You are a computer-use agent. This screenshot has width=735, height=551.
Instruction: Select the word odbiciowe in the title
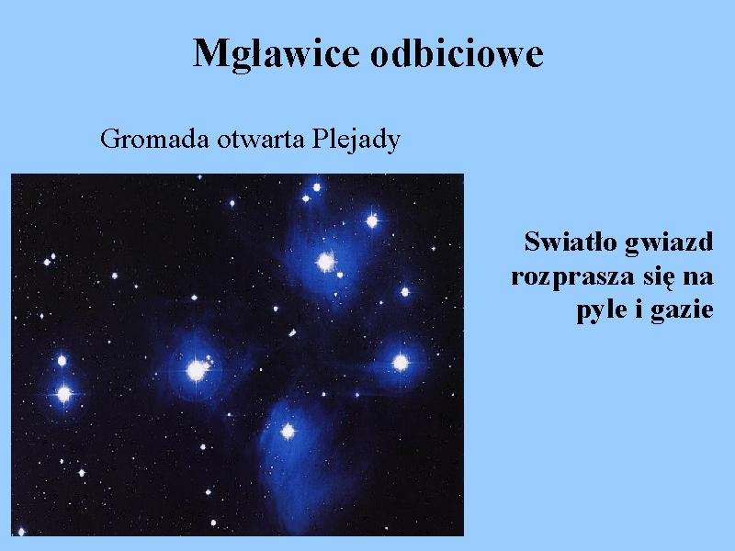point(457,53)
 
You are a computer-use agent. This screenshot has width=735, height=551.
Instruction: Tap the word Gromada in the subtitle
point(154,140)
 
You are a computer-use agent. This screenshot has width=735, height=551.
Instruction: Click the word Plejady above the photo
point(356,141)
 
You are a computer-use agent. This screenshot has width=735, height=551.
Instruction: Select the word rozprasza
point(572,277)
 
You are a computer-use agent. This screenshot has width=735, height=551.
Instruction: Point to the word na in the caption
point(698,278)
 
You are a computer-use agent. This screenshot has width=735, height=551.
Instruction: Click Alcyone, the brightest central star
point(197,371)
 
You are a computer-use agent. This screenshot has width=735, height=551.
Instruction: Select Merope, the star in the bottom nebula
point(288,431)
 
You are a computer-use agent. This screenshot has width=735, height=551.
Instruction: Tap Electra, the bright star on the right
point(401,363)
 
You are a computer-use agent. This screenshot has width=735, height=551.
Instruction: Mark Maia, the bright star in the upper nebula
point(325,262)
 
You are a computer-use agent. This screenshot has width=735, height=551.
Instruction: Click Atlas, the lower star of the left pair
point(63,395)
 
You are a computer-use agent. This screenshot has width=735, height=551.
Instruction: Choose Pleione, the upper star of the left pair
point(62,361)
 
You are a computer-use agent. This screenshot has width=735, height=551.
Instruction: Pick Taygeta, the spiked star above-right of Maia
point(372,220)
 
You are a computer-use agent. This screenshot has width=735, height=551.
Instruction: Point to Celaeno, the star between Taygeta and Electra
point(405,292)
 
